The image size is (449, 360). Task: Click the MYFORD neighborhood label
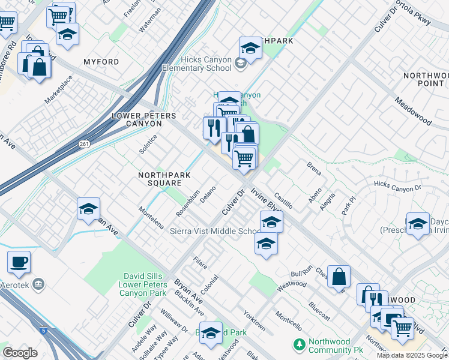click(x=101, y=62)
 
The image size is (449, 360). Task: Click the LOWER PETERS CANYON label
click(x=137, y=119)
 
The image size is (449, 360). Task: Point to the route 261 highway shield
click(x=84, y=144)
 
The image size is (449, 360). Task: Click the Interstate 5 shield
click(x=43, y=330)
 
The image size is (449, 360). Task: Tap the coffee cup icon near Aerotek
click(x=19, y=262)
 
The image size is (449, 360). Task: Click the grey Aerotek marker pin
click(x=39, y=283)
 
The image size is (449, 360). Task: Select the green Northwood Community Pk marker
click(x=298, y=345)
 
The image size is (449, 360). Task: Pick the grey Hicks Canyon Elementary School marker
click(x=240, y=64)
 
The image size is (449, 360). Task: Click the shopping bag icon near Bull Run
click(x=339, y=277)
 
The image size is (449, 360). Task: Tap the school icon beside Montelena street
click(x=88, y=209)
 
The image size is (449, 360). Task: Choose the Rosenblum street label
click(x=188, y=204)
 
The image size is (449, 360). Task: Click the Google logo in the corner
click(x=20, y=352)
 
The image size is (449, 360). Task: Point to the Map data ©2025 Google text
click(x=412, y=355)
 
